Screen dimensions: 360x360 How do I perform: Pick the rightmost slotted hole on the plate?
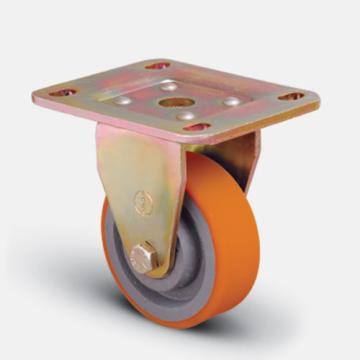click(x=290, y=98)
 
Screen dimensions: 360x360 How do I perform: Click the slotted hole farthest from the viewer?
click(x=156, y=66)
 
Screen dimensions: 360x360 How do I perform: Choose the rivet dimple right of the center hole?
click(x=231, y=102)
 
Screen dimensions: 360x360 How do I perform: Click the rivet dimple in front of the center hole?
click(x=184, y=117)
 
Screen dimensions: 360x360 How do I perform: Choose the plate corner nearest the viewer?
click(x=200, y=140)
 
